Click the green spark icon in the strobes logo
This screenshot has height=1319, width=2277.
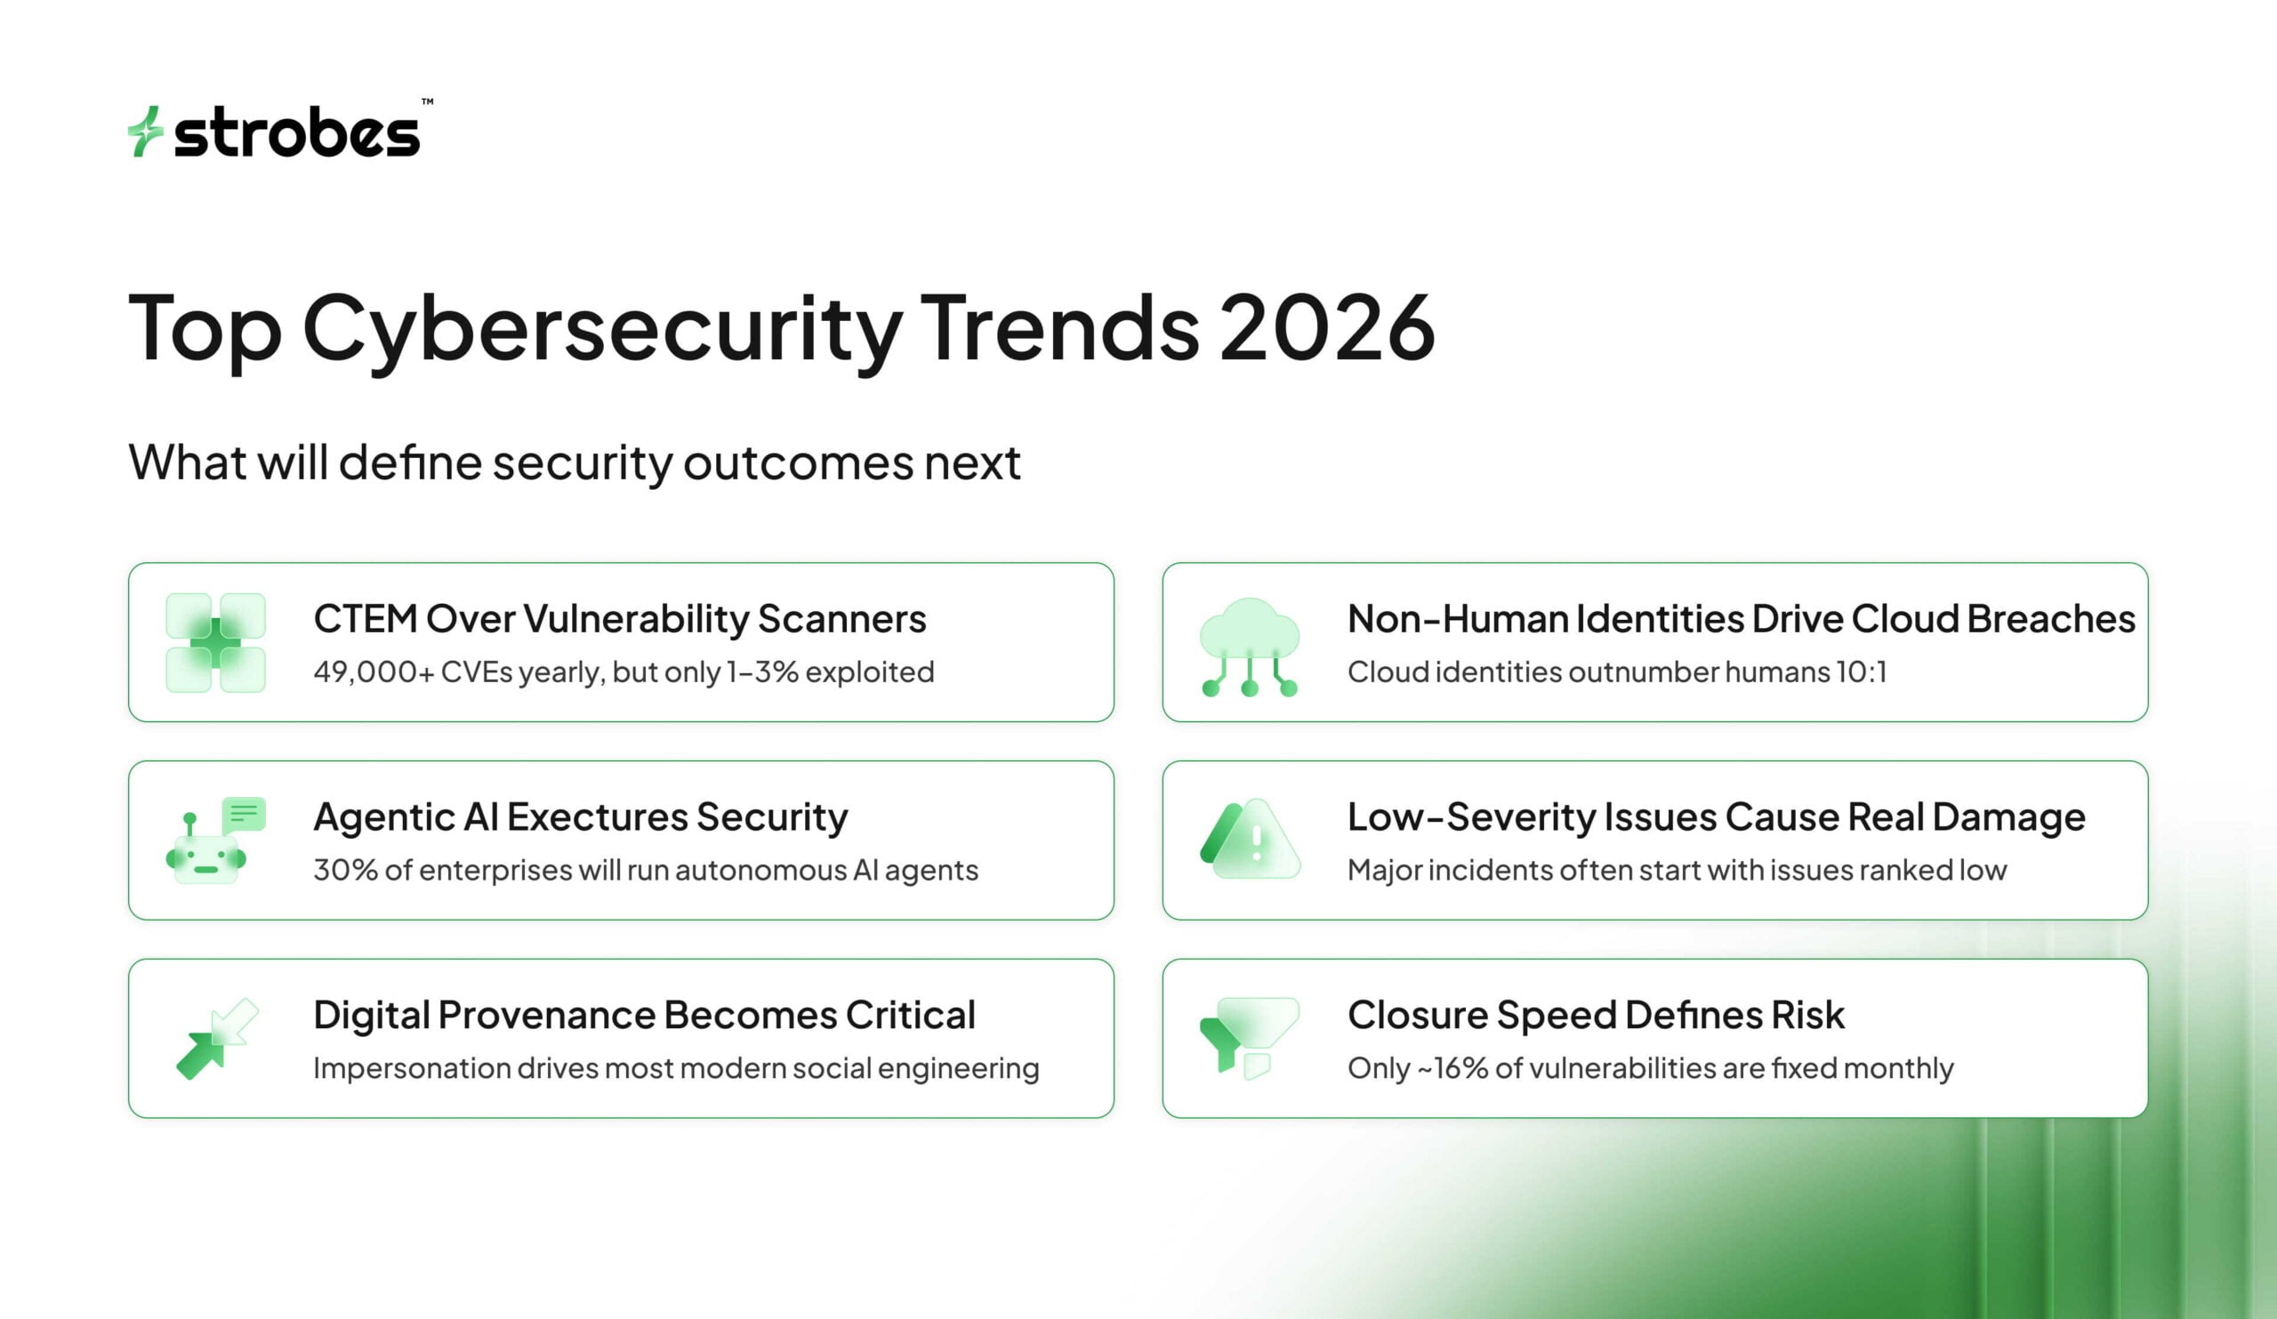click(145, 132)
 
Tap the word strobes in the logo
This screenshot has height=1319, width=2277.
click(296, 133)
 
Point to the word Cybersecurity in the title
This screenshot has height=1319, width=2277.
click(602, 329)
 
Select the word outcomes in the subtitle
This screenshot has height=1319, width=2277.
click(797, 462)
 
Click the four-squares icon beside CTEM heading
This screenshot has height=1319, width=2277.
click(216, 642)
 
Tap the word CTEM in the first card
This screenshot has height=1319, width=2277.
click(364, 619)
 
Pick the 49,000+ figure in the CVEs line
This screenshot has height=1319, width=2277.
click(374, 672)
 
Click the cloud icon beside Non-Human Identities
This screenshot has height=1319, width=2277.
click(1250, 645)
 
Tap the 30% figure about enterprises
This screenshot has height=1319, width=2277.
click(345, 870)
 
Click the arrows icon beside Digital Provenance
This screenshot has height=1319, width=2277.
click(216, 1038)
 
